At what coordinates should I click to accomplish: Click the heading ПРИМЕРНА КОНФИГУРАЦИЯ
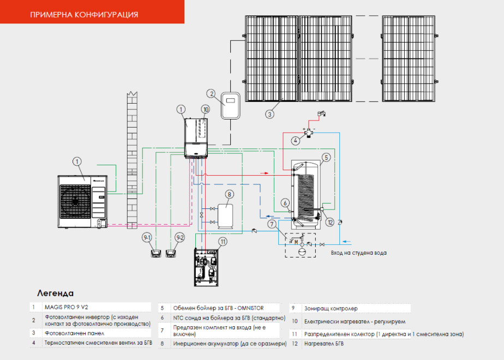[x=84, y=14]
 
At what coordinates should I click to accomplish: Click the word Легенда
[x=55, y=293]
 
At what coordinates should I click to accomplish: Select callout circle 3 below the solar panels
[x=269, y=114]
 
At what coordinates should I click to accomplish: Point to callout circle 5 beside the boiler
[x=326, y=157]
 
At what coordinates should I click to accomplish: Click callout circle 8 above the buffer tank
[x=230, y=194]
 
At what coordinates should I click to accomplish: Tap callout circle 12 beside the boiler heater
[x=330, y=221]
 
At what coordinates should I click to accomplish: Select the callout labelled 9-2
[x=179, y=238]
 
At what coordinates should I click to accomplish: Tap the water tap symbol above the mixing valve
[x=321, y=115]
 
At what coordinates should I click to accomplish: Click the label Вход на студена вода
[x=359, y=253]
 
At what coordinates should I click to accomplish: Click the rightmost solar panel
[x=409, y=58]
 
